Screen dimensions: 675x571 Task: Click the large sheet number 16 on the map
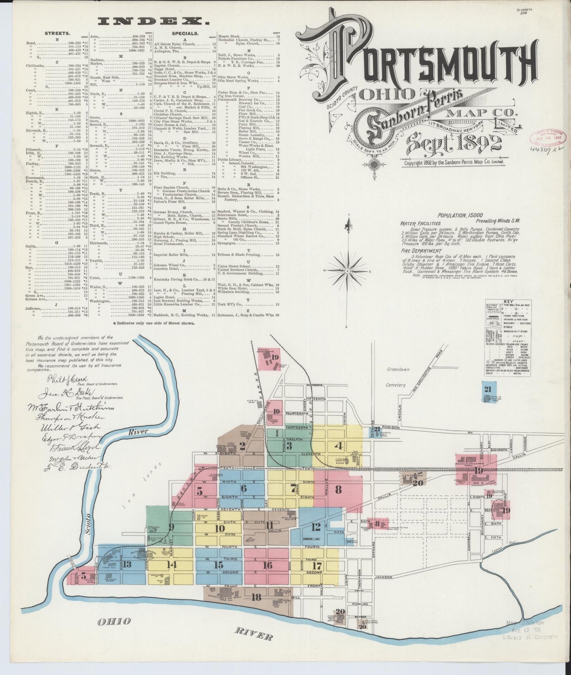(x=267, y=565)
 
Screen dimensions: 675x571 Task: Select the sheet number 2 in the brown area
(x=242, y=446)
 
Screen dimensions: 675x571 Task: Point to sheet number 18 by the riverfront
(x=256, y=597)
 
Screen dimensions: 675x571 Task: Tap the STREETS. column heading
(x=58, y=34)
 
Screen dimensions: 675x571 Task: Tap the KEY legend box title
(x=509, y=301)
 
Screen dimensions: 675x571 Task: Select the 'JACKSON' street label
(x=383, y=577)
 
